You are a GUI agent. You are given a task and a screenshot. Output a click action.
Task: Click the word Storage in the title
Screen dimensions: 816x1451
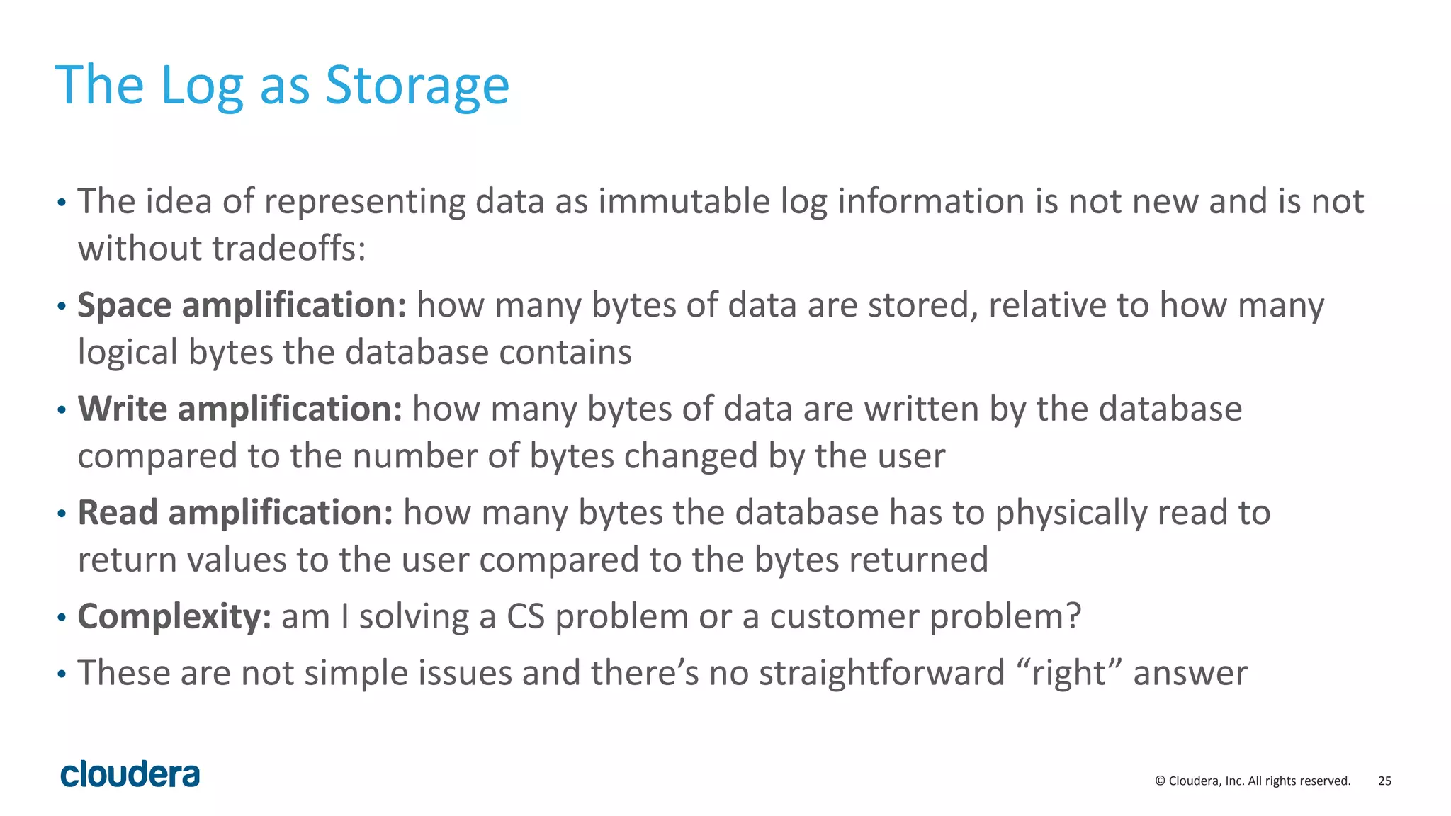tap(417, 86)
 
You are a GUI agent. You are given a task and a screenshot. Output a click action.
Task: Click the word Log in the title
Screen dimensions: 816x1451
tap(202, 86)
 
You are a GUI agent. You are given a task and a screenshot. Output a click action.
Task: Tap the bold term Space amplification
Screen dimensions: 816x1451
tap(242, 305)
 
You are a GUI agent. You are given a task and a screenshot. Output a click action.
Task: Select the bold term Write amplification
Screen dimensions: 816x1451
tap(240, 409)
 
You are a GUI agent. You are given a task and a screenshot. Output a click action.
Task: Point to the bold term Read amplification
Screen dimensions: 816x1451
tap(235, 512)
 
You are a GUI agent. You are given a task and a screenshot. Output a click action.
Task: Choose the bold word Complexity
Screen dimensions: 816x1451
tap(174, 616)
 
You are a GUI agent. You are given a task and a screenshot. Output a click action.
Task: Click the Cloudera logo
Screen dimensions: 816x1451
tap(130, 775)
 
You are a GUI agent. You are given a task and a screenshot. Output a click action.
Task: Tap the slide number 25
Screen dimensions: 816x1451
tap(1384, 781)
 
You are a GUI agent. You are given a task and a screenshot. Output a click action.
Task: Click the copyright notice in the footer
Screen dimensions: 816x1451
tap(1253, 781)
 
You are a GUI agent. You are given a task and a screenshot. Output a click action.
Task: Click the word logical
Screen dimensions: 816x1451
tap(128, 353)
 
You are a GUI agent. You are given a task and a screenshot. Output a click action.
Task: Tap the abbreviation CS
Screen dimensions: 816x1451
tap(525, 616)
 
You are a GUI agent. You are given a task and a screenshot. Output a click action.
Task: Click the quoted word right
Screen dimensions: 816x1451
tap(1069, 673)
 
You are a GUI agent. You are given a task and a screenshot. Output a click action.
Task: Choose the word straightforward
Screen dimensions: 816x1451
tap(881, 673)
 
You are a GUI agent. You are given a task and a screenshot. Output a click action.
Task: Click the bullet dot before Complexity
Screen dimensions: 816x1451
tap(62, 618)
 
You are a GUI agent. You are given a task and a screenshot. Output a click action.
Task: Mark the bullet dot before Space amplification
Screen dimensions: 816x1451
tap(62, 307)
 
